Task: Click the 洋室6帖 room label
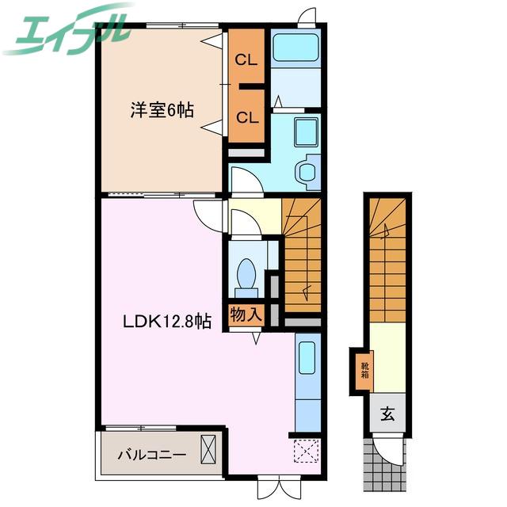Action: [x=162, y=110]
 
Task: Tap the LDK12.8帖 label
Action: [x=167, y=322]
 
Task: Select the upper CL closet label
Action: [x=246, y=60]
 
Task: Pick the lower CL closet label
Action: [x=247, y=118]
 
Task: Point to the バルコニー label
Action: [x=151, y=456]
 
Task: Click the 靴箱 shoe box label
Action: [x=364, y=371]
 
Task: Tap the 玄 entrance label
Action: [x=387, y=414]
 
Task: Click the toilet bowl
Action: [x=246, y=273]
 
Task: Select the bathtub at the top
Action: [x=295, y=48]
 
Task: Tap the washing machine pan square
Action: [x=306, y=132]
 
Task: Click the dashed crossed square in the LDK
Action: [x=307, y=451]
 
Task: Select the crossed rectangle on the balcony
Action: [x=208, y=449]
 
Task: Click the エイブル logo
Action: [x=68, y=31]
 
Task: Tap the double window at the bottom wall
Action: [x=280, y=488]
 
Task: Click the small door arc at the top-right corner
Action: [x=307, y=16]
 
